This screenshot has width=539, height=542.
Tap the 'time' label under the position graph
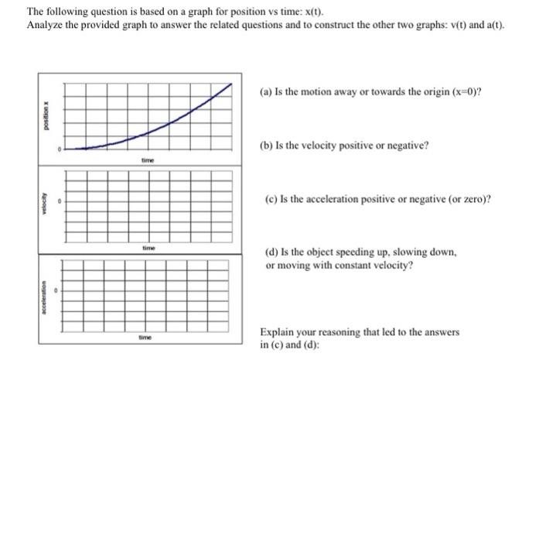click(x=147, y=159)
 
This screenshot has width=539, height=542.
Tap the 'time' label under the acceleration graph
click(x=145, y=338)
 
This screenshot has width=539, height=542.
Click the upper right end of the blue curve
click(x=230, y=86)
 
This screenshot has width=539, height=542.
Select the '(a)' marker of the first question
click(x=267, y=92)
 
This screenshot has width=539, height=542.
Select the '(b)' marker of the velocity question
click(x=267, y=146)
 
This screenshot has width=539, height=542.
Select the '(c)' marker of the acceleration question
click(x=267, y=199)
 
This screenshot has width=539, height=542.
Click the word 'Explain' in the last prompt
click(x=277, y=332)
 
